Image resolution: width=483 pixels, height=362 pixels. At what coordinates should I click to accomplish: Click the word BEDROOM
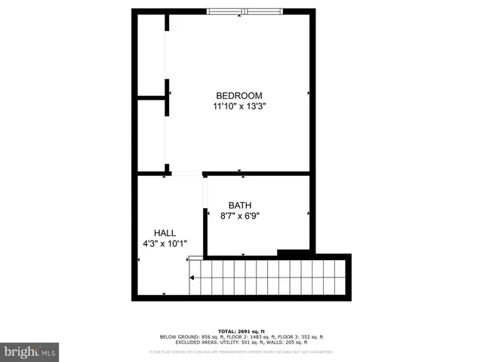pyautogui.click(x=239, y=96)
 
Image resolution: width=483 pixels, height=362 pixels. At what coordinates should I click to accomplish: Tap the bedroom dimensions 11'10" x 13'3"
pyautogui.click(x=239, y=107)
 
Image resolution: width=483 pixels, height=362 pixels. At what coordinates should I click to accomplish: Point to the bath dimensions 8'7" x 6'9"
pyautogui.click(x=241, y=216)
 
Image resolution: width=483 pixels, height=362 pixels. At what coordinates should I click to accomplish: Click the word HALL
pyautogui.click(x=165, y=232)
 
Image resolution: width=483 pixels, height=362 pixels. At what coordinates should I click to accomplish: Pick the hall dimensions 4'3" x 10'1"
pyautogui.click(x=165, y=244)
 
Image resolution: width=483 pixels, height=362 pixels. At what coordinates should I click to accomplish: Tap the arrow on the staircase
pyautogui.click(x=193, y=278)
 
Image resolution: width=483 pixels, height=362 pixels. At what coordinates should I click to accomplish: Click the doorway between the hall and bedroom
pyautogui.click(x=186, y=173)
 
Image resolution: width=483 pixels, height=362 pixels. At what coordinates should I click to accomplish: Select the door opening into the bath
pyautogui.click(x=205, y=193)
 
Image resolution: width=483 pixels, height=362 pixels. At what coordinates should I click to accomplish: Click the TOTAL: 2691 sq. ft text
pyautogui.click(x=241, y=331)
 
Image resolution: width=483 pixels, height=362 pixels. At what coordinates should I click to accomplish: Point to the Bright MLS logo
pyautogui.click(x=29, y=351)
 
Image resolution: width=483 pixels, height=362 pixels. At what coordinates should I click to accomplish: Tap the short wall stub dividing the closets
pyautogui.click(x=151, y=97)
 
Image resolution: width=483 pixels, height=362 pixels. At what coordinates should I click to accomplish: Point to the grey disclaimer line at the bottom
pyautogui.click(x=241, y=351)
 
